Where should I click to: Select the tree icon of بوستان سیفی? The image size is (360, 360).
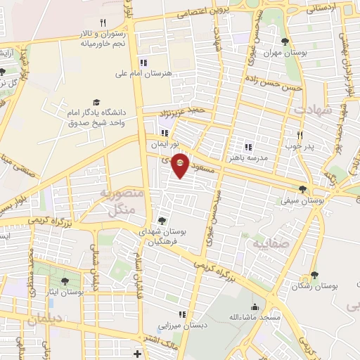(x=302, y=188)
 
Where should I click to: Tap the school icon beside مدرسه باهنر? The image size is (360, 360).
(x=247, y=147)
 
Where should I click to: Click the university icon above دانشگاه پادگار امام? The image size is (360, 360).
(x=96, y=102)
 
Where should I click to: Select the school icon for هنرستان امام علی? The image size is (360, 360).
(x=143, y=61)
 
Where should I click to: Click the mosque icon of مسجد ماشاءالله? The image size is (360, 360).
(x=254, y=307)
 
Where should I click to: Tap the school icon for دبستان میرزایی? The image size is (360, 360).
(x=182, y=314)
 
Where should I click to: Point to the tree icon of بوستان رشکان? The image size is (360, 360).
(x=314, y=276)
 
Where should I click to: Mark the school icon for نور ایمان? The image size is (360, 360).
(x=165, y=133)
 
